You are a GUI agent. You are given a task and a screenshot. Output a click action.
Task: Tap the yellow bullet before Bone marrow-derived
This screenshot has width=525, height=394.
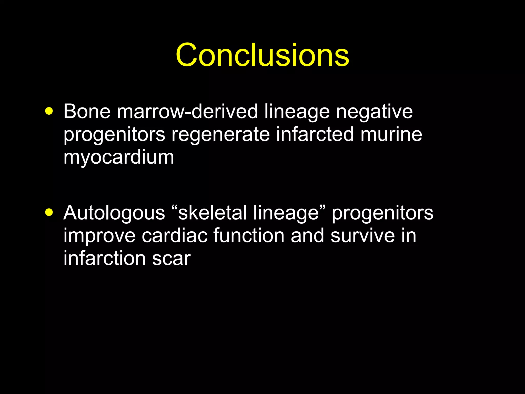49,111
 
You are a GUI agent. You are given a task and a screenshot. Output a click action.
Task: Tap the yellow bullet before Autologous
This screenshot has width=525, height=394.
49,212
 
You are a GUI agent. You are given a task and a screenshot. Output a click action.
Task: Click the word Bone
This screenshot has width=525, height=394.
87,111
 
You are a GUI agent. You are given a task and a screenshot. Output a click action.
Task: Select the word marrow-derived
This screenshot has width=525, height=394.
187,111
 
